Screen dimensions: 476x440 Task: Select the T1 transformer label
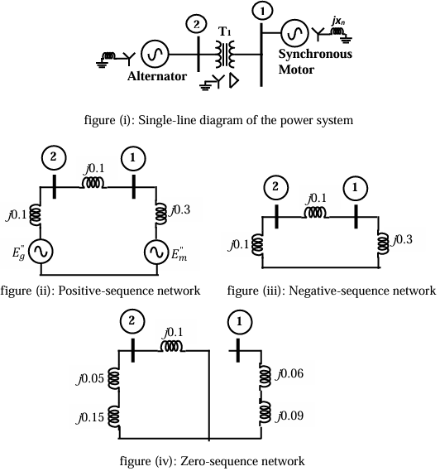[223, 31]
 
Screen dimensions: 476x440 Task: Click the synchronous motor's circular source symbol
[294, 33]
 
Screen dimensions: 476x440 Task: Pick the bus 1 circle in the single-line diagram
[262, 11]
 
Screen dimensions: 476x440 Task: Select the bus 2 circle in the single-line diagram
[196, 24]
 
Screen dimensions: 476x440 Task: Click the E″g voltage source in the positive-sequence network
[41, 251]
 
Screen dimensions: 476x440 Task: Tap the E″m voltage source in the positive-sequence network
[159, 251]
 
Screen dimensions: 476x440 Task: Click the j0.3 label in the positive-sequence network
[180, 211]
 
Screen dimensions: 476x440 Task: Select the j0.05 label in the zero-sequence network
[92, 379]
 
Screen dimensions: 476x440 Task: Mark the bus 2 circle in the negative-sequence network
[273, 190]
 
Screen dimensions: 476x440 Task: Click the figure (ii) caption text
[101, 291]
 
